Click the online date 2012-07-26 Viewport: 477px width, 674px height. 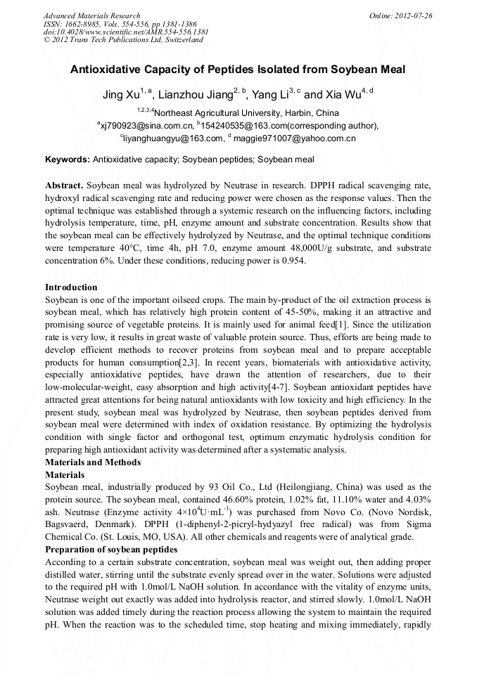414,15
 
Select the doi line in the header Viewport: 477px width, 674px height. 125,32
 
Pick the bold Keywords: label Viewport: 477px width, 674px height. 67,160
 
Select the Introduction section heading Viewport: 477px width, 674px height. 71,287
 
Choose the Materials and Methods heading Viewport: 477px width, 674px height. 93,462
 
